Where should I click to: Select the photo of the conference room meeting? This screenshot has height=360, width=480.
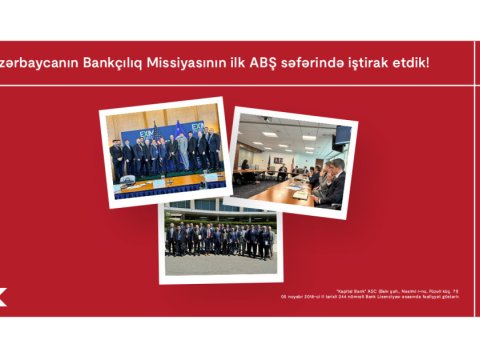(292, 162)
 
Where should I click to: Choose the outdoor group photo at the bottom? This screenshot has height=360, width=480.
(219, 240)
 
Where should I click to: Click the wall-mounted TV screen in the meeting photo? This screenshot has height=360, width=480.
(342, 133)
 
